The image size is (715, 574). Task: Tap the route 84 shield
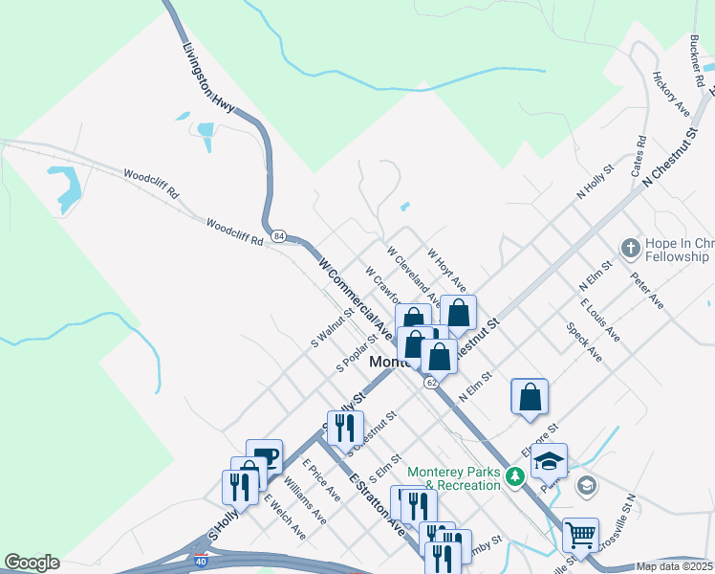pos(278,235)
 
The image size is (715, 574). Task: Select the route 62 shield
pos(432,382)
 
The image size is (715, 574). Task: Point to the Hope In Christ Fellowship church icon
pos(629,249)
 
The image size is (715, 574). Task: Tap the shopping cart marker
pos(579,533)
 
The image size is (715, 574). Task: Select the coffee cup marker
pos(264,455)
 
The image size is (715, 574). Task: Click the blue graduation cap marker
pos(549,460)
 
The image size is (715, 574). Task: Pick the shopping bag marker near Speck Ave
pos(530,396)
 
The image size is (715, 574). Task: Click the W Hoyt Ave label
pos(446,271)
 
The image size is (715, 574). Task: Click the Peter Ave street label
pos(646,289)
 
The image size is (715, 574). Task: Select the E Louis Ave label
pos(599,320)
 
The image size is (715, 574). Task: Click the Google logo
pos(32,563)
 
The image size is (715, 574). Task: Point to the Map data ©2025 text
pos(675,566)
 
